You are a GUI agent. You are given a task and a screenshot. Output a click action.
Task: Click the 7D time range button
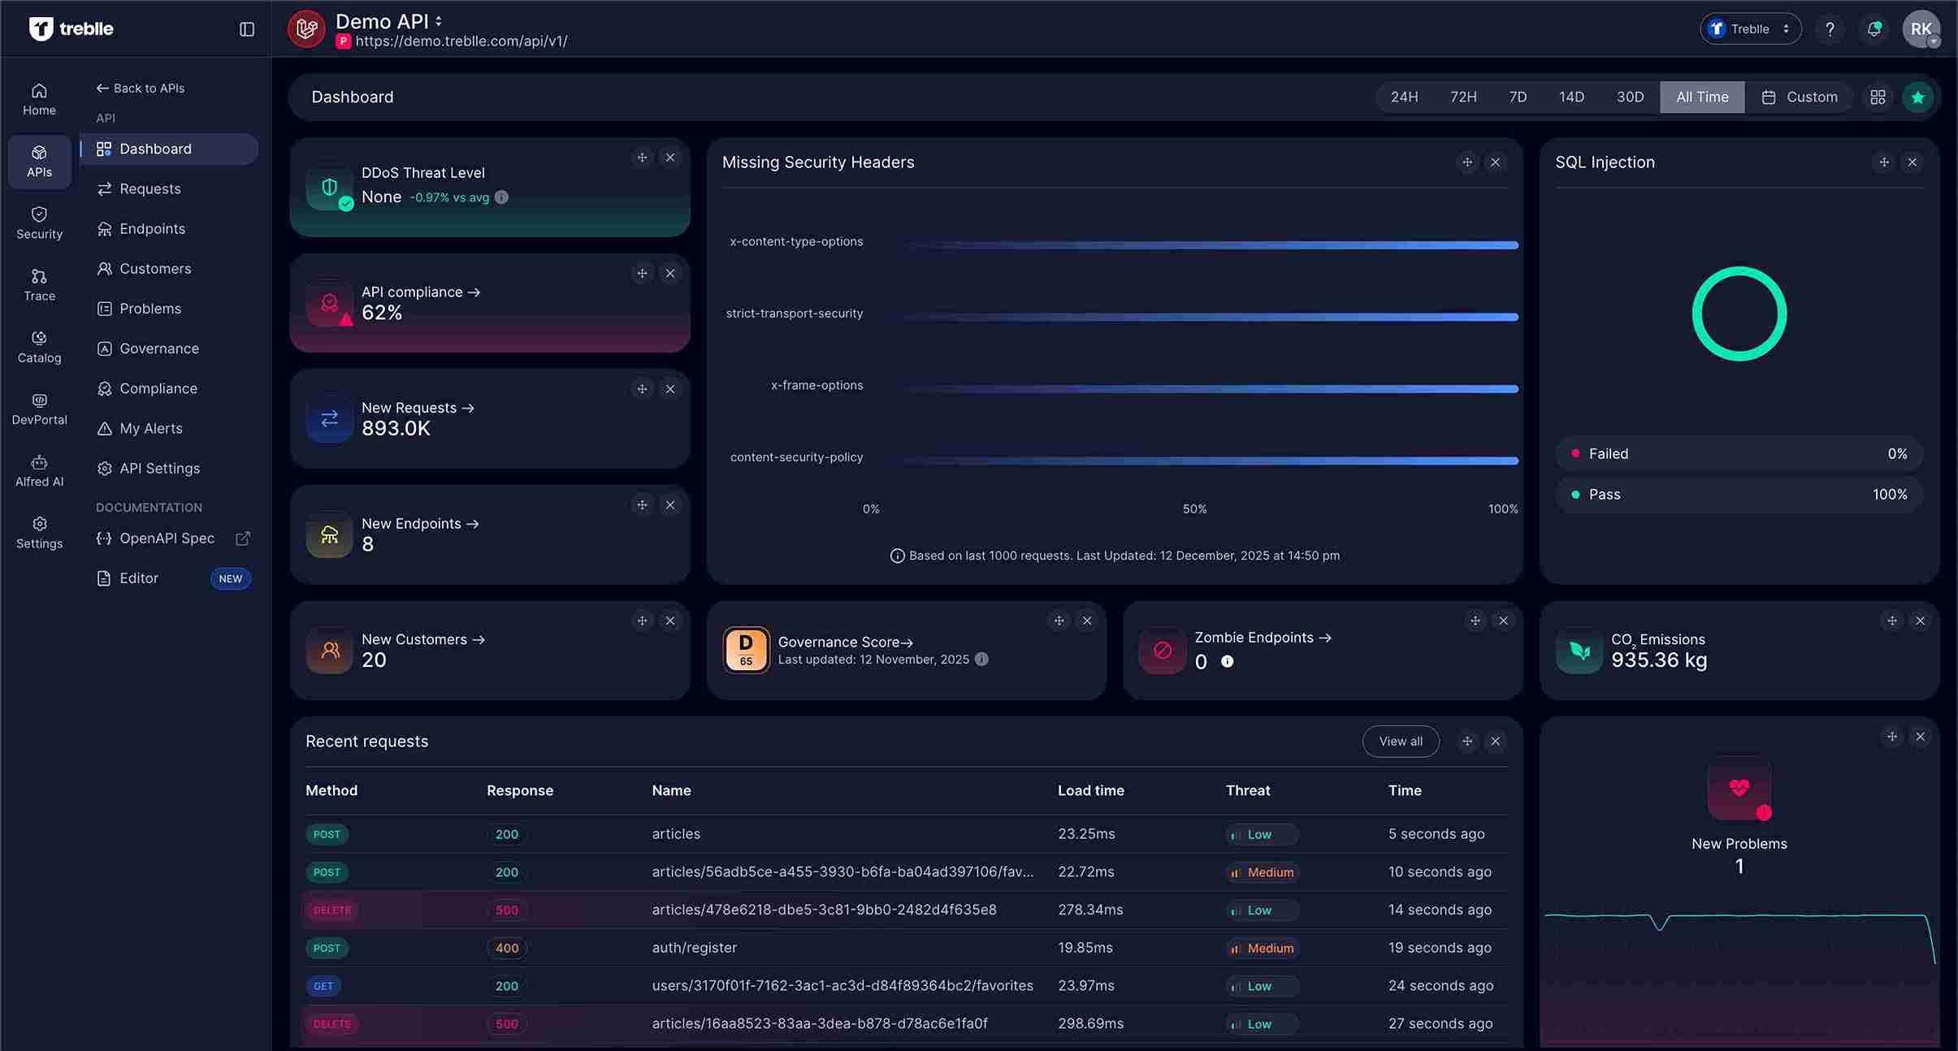[1518, 97]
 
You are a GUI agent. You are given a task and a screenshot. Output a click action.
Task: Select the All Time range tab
[1702, 97]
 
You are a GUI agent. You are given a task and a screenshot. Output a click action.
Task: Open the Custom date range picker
[1800, 97]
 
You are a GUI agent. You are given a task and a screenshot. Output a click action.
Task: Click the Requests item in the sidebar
[149, 188]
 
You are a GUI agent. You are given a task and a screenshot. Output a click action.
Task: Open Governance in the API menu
[158, 348]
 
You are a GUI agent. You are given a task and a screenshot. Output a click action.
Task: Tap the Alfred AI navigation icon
[39, 463]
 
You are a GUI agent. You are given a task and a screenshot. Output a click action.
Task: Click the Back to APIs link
[141, 88]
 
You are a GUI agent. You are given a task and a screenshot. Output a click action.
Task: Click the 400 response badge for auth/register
[506, 948]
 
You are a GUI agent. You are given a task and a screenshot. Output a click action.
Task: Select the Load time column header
[1090, 790]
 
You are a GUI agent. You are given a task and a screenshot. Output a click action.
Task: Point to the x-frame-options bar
[1211, 389]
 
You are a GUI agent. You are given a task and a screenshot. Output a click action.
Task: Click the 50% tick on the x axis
[1194, 508]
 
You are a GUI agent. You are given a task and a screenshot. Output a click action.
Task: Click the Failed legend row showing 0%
[1739, 454]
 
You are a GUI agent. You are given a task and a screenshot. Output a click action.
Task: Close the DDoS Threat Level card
[670, 158]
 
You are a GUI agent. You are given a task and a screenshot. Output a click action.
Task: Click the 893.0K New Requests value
[396, 428]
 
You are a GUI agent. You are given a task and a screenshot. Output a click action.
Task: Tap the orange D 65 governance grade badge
[746, 650]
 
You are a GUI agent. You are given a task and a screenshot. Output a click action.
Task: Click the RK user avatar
[1921, 29]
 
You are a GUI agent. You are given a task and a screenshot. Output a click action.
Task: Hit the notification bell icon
[1874, 29]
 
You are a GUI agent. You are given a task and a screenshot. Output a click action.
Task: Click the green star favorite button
[1917, 97]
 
